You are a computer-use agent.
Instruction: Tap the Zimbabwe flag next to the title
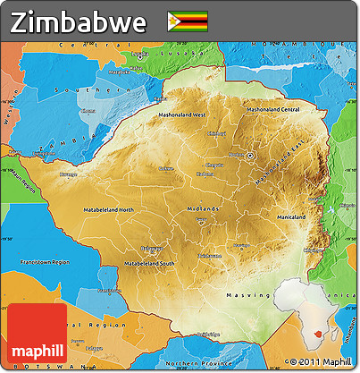188,21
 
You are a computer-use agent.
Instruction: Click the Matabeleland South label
148,265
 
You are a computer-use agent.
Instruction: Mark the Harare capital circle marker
251,156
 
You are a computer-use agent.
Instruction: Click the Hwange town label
69,175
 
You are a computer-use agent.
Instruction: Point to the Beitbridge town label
207,334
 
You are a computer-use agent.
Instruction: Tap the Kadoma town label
205,174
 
